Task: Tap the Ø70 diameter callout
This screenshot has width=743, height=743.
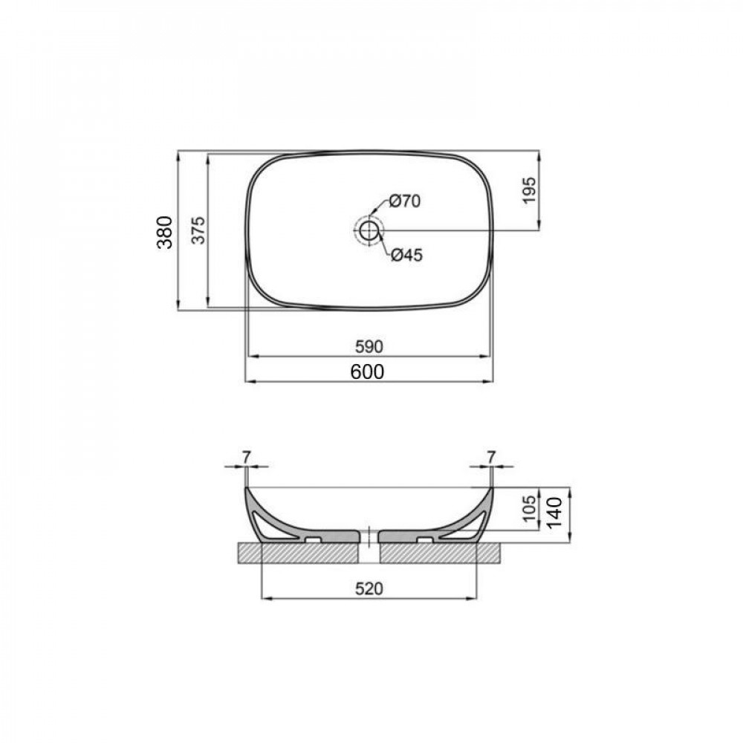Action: tap(405, 201)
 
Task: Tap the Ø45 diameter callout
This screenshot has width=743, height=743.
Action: tap(406, 255)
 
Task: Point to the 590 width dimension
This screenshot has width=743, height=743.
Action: tap(368, 346)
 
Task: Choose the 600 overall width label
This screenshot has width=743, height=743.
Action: tap(368, 371)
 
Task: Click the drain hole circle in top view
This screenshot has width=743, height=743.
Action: tap(369, 230)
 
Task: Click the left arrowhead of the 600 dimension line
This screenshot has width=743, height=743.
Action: tap(250, 381)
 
